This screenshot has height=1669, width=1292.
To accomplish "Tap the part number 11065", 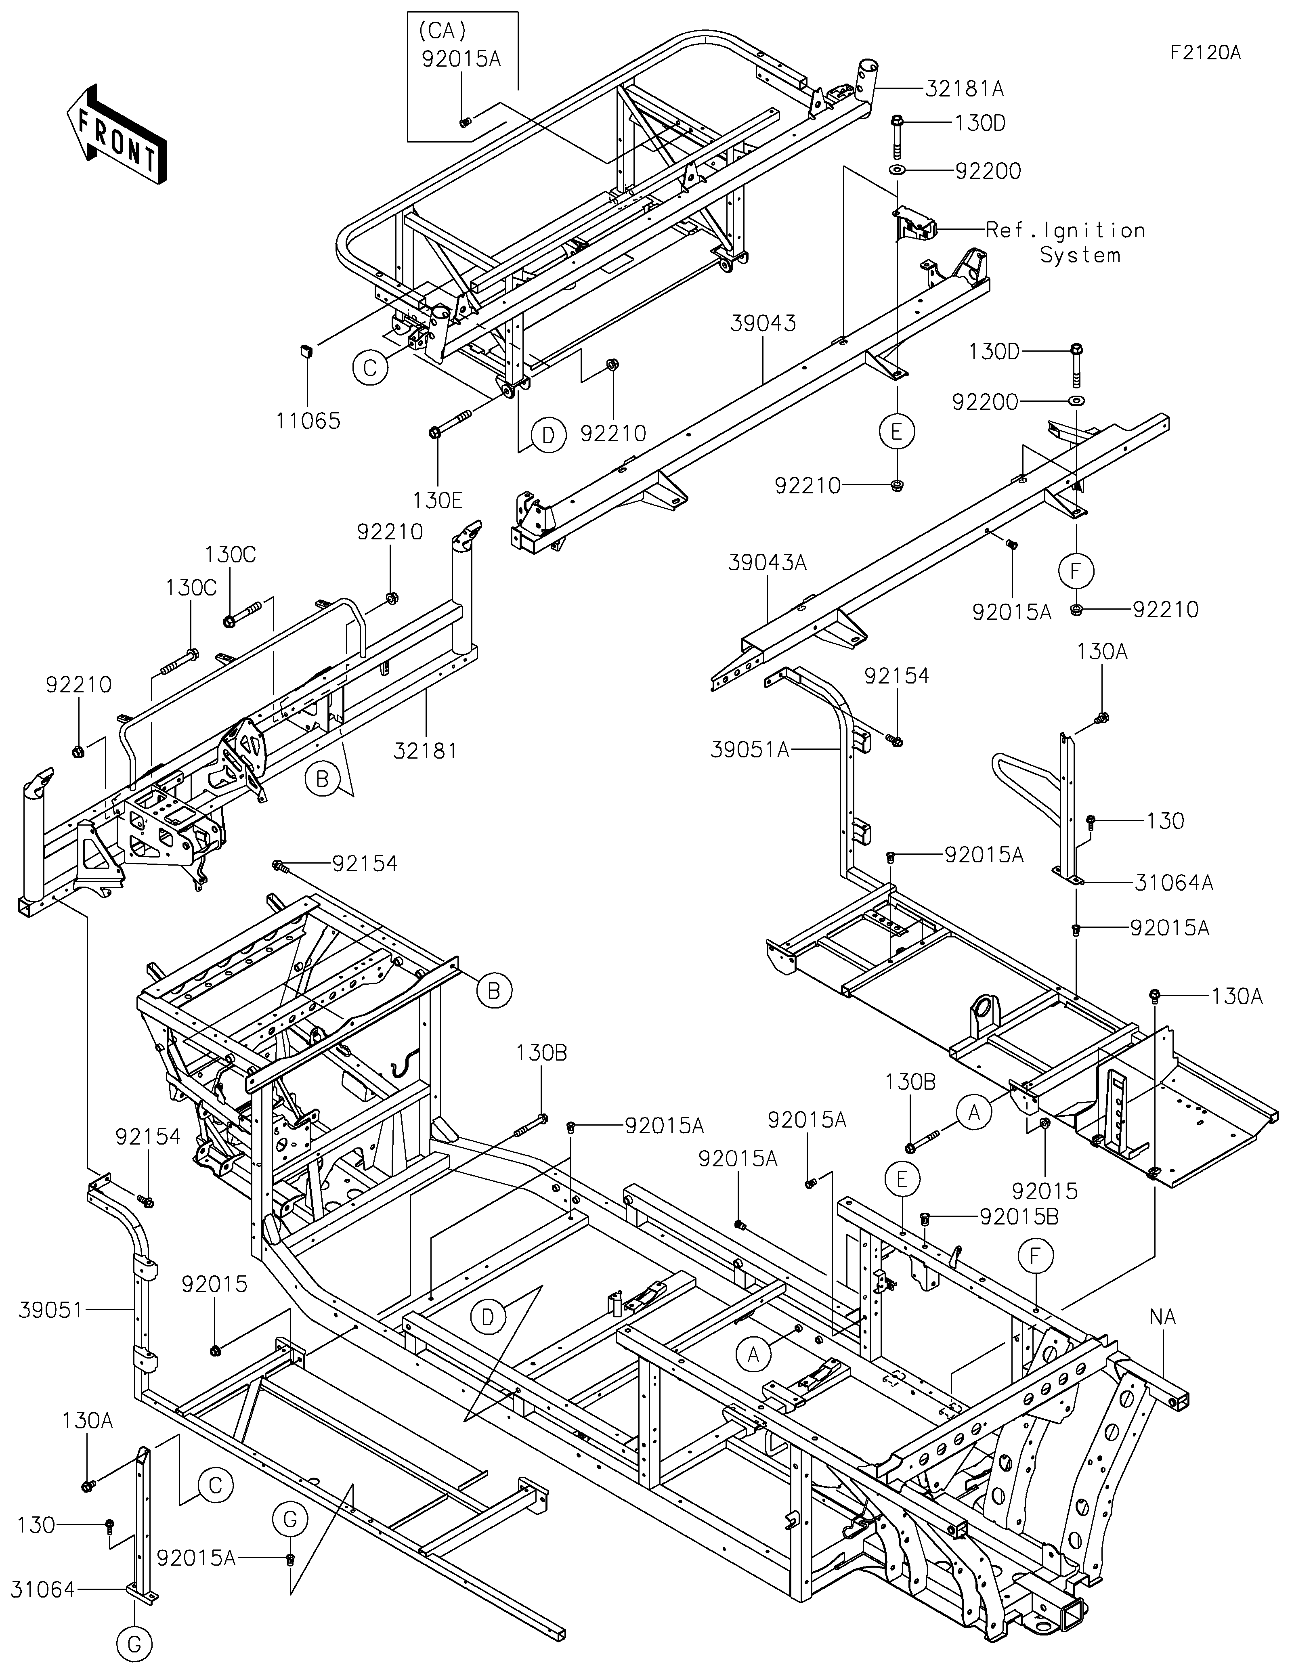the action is click(x=309, y=421).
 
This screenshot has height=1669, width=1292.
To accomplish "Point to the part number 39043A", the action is click(x=767, y=562).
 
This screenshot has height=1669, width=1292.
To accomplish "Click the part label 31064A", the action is click(x=1174, y=883).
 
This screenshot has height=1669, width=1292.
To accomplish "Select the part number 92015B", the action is click(x=1019, y=1217).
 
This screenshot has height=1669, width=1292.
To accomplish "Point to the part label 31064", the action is click(x=43, y=1589).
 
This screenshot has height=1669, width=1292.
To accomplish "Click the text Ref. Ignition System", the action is click(x=1066, y=242).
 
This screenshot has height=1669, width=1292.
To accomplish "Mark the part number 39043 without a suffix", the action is click(x=763, y=323).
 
